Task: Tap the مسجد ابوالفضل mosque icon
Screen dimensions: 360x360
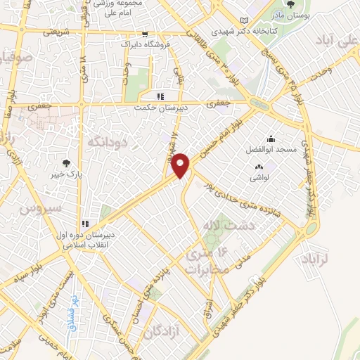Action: coord(271,139)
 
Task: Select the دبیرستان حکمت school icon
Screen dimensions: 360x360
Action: coord(160,96)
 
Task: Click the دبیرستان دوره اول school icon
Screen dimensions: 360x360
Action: coord(85,218)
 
